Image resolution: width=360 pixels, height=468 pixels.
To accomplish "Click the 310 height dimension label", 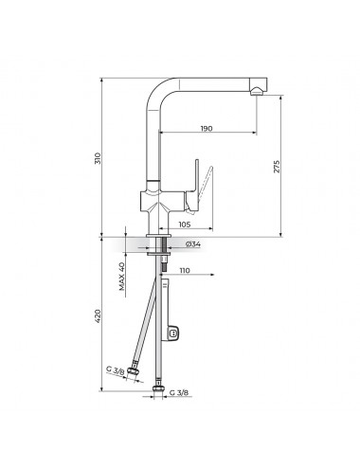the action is (x=99, y=158).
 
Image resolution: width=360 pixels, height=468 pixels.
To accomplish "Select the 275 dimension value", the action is (x=277, y=167).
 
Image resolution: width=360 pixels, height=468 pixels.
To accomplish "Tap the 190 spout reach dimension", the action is (x=207, y=129).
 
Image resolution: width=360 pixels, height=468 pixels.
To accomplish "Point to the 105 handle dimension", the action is (x=185, y=225).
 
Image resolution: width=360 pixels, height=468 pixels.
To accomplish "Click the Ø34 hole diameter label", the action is (x=193, y=243).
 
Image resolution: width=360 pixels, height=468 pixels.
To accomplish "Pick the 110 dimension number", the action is (x=185, y=271).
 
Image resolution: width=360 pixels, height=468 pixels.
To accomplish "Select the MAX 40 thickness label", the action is (x=122, y=276).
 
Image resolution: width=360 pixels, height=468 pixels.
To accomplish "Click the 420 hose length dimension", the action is (x=99, y=316).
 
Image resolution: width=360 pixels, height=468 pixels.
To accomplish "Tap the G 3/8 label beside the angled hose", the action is (x=115, y=370).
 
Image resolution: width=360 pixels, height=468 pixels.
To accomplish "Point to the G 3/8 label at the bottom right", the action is (x=179, y=392).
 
